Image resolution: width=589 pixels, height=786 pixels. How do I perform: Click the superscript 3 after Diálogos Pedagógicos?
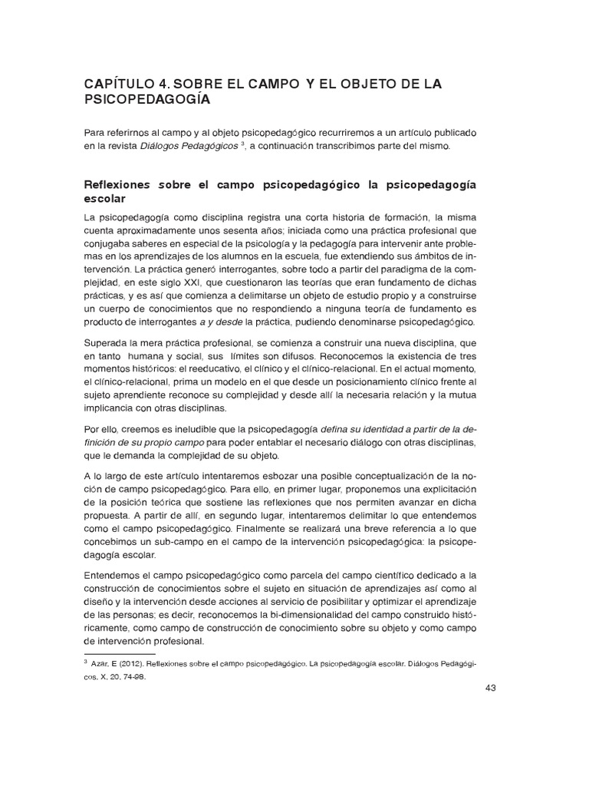(x=242, y=144)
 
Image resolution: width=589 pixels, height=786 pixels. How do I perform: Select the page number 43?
(x=491, y=688)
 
